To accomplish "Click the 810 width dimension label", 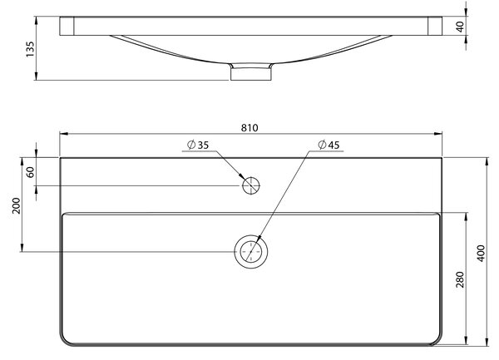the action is click(249, 128).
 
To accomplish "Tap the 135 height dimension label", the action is click(30, 49).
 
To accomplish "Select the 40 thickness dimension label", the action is click(460, 27).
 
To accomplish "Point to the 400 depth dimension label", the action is click(481, 253).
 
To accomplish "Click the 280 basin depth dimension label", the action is click(460, 279).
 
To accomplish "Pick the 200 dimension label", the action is click(16, 205).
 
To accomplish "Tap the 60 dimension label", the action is click(30, 172).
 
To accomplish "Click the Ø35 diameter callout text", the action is click(198, 145).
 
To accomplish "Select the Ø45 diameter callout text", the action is click(329, 145).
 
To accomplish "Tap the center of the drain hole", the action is click(251, 252).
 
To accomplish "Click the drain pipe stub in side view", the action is click(251, 74).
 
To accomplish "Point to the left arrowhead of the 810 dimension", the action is click(63, 134).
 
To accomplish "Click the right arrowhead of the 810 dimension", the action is click(438, 134).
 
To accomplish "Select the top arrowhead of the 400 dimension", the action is click(487, 161).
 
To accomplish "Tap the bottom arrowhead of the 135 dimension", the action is click(37, 76).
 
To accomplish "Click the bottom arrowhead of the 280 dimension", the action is click(467, 340).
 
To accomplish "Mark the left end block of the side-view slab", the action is click(67, 26).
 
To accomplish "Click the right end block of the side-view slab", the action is click(435, 26).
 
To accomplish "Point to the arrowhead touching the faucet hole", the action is click(241, 177).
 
